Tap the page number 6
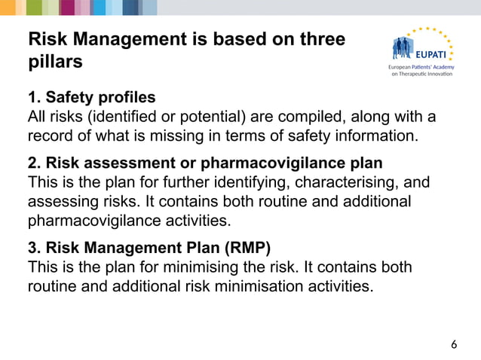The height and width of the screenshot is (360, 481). [453, 345]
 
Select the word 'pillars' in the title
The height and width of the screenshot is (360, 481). [55, 63]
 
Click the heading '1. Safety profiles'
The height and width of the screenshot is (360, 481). [91, 98]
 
